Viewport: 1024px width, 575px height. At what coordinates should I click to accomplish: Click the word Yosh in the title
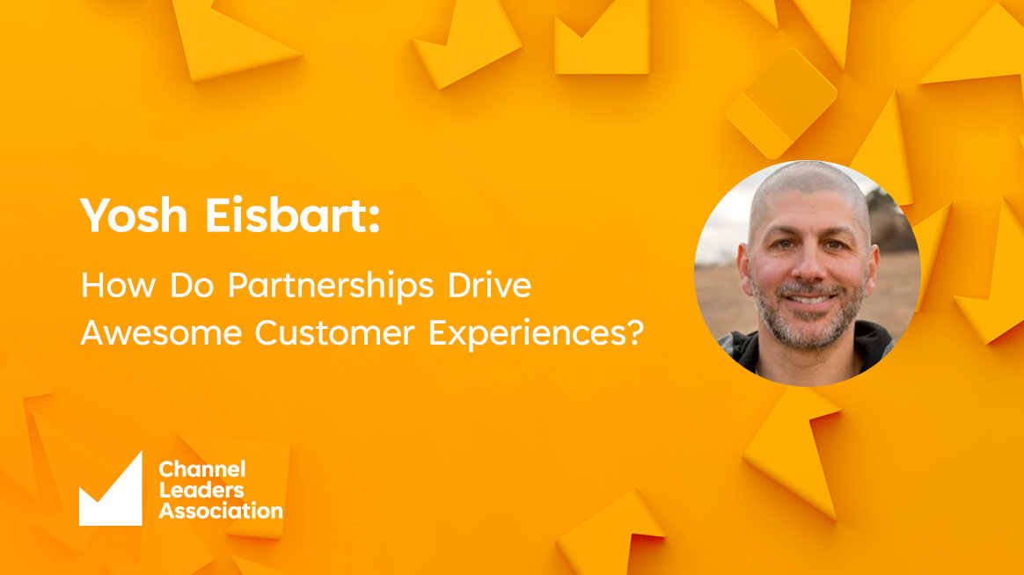click(134, 215)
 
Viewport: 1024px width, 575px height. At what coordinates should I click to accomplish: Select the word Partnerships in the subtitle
click(331, 287)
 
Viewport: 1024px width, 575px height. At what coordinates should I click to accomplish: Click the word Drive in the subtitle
click(489, 285)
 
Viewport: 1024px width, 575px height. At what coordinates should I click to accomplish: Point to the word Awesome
click(161, 332)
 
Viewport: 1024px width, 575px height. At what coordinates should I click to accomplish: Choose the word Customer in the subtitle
click(334, 332)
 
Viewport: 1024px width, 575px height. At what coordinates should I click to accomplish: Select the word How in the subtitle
click(118, 285)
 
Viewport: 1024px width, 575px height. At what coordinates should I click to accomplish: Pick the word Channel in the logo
click(202, 469)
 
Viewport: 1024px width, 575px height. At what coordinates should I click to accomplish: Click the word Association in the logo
click(221, 511)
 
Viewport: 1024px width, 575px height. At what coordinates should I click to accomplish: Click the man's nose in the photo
click(809, 266)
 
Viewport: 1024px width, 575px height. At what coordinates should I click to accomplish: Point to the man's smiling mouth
click(810, 300)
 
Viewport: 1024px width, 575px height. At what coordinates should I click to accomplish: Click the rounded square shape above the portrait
click(782, 103)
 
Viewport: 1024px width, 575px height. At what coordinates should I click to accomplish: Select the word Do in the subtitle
click(192, 285)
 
